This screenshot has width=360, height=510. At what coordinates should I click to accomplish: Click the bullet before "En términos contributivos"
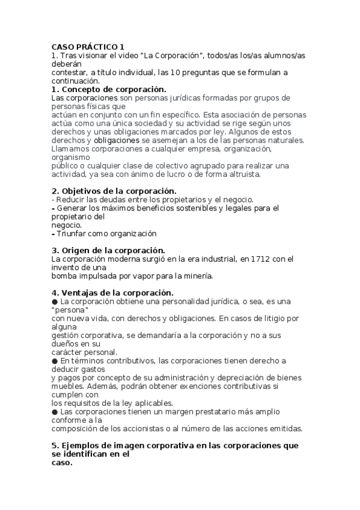tap(55, 361)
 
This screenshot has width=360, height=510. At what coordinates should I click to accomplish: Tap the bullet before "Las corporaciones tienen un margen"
tap(55, 411)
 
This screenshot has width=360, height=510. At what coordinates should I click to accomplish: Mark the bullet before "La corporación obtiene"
tap(55, 301)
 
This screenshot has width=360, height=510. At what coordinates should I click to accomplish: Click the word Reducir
tap(72, 200)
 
